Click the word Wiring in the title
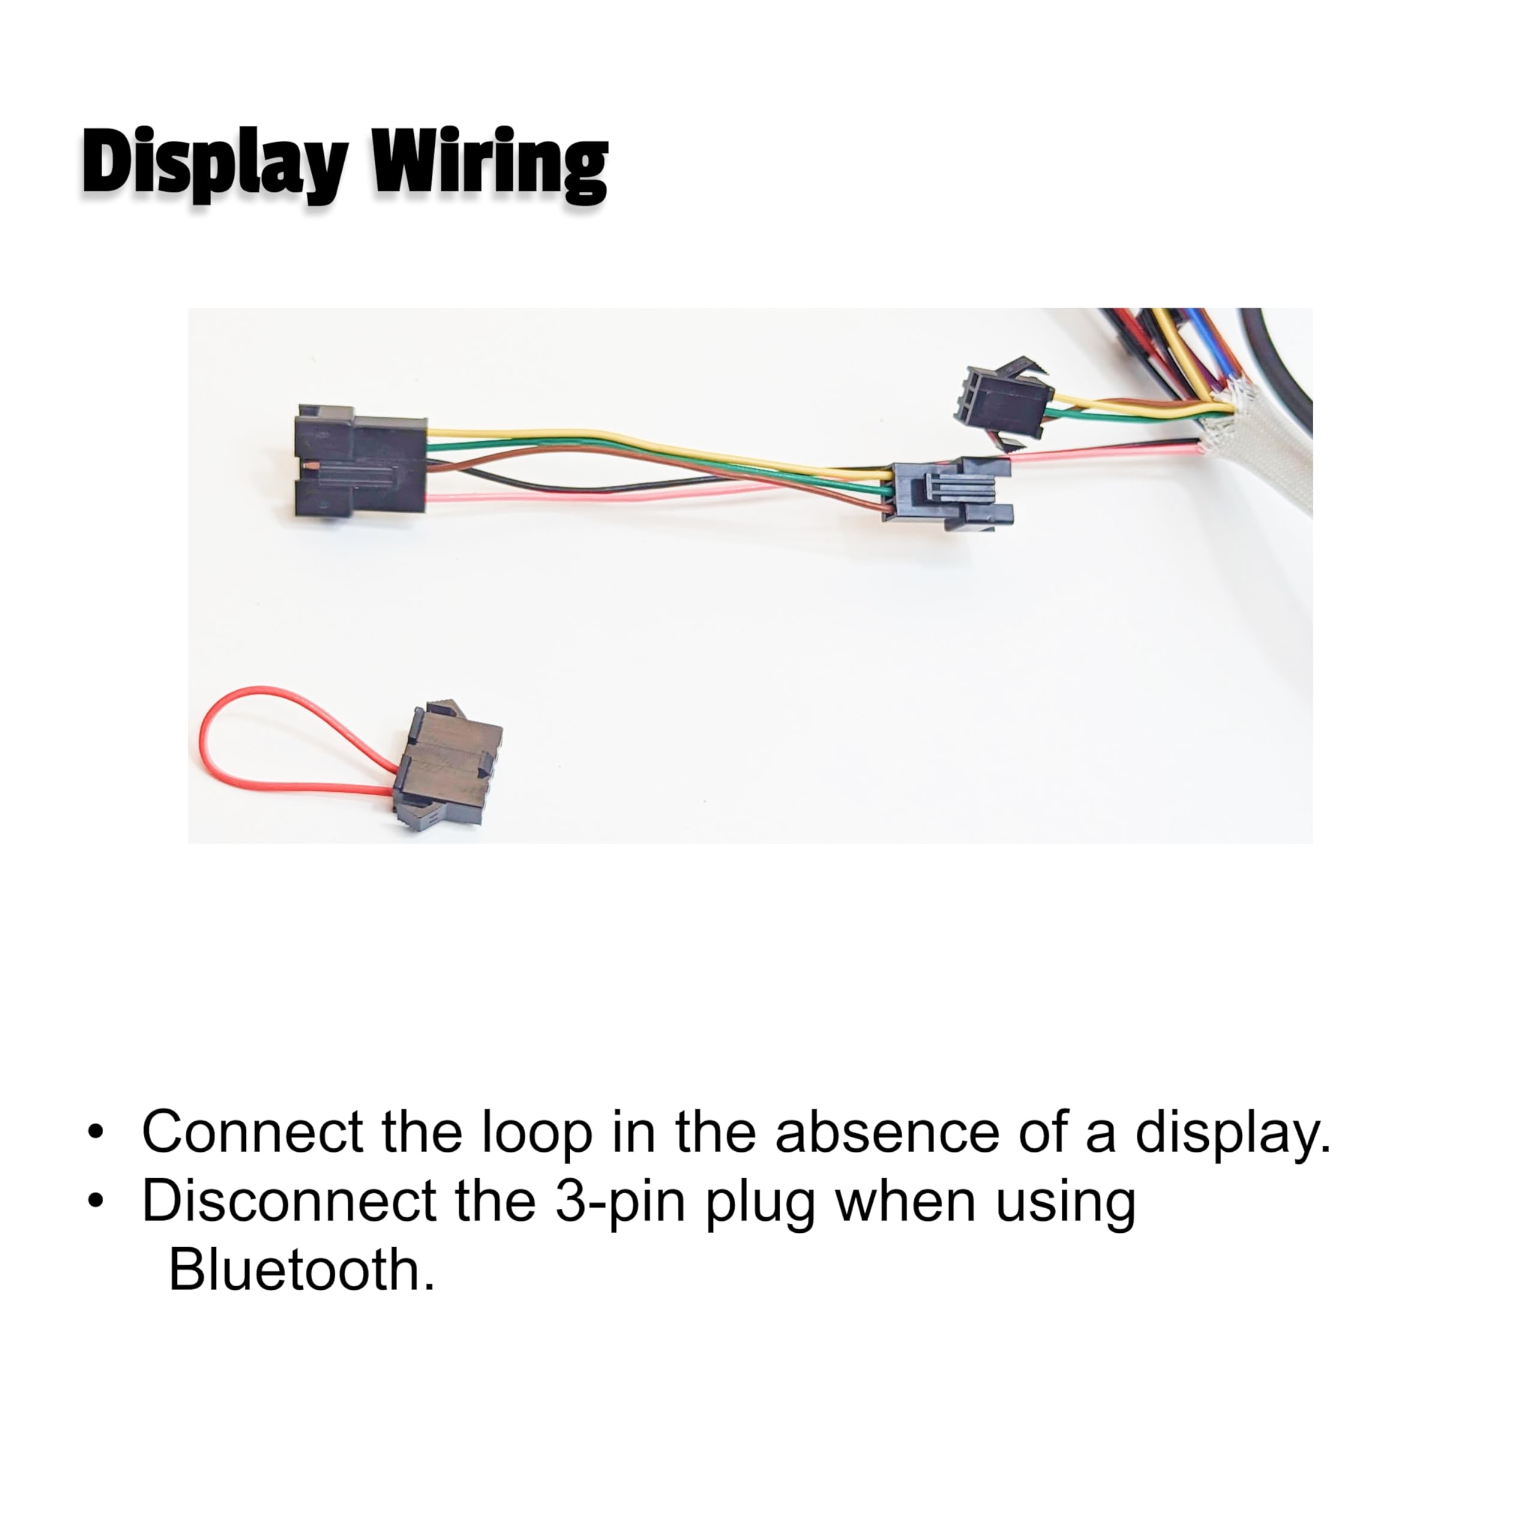point(490,164)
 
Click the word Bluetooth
point(302,1269)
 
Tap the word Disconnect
point(288,1200)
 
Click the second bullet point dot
point(96,1200)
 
